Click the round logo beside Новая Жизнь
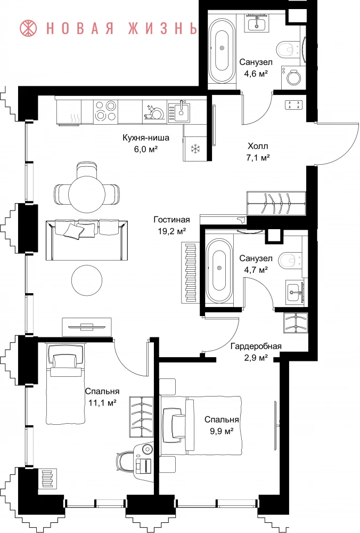(29, 28)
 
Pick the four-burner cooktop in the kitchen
(105, 111)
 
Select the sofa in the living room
(87, 240)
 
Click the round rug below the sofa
(87, 281)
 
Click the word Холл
(258, 146)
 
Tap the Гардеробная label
(256, 346)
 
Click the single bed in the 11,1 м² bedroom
(66, 384)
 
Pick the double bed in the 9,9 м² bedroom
(202, 425)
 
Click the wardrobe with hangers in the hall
(277, 203)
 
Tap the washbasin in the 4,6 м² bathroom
(257, 23)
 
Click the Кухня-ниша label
(146, 138)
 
